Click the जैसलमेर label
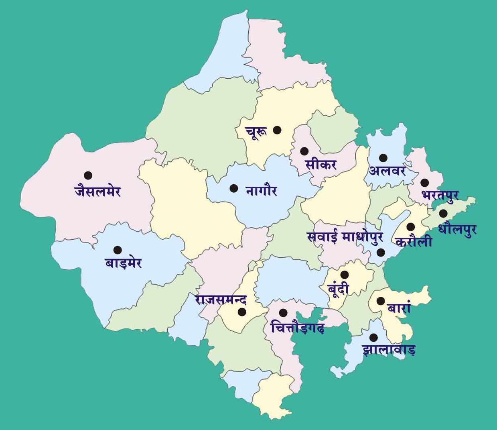pyautogui.click(x=97, y=190)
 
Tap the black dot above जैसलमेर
pyautogui.click(x=88, y=175)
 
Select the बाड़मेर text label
pyautogui.click(x=123, y=264)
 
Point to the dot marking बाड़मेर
pyautogui.click(x=118, y=250)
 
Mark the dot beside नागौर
pyautogui.click(x=233, y=188)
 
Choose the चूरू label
pyautogui.click(x=256, y=132)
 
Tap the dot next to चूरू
pyautogui.click(x=277, y=130)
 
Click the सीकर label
pyautogui.click(x=320, y=164)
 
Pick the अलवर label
pyautogui.click(x=387, y=171)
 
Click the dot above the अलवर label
pyautogui.click(x=383, y=158)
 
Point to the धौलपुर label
pyautogui.click(x=457, y=230)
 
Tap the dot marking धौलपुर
pyautogui.click(x=443, y=213)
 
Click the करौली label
pyautogui.click(x=414, y=242)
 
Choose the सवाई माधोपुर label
pyautogui.click(x=345, y=237)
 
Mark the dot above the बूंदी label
pyautogui.click(x=344, y=275)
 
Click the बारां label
pyautogui.click(x=400, y=309)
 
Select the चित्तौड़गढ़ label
pyautogui.click(x=297, y=327)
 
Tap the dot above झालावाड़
pyautogui.click(x=373, y=337)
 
